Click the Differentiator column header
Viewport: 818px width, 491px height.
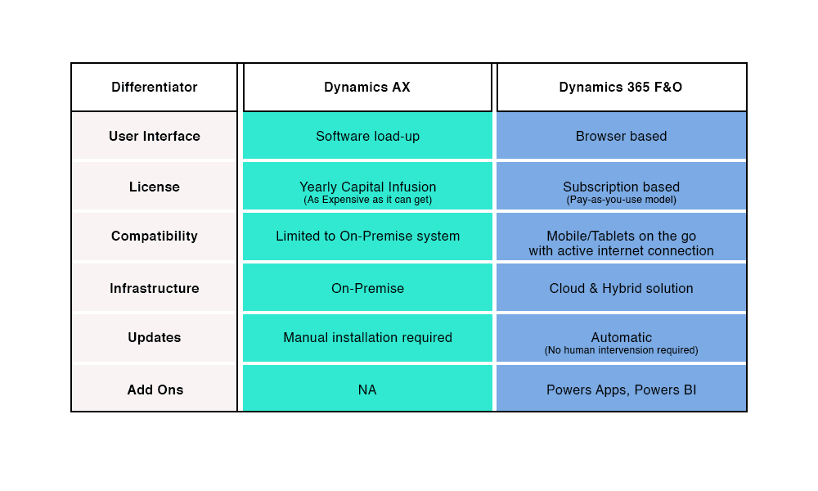tap(155, 88)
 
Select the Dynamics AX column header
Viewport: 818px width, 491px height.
tap(367, 88)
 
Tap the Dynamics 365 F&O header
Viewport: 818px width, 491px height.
tap(621, 88)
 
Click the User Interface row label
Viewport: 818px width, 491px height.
tap(155, 137)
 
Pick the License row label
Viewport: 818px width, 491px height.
tap(155, 187)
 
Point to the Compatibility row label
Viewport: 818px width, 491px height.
tap(155, 236)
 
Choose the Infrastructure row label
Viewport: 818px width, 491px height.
tap(155, 289)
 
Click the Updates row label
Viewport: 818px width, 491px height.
tap(155, 338)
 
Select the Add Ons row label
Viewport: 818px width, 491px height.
tap(155, 390)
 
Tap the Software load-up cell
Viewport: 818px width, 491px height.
tap(367, 137)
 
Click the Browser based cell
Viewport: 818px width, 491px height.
tap(621, 137)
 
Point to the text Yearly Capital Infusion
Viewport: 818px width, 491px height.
tap(367, 187)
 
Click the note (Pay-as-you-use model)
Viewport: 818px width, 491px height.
tap(621, 200)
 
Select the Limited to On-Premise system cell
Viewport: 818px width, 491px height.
tap(367, 236)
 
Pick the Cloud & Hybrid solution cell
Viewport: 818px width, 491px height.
tap(621, 289)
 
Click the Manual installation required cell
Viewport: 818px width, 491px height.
tap(367, 338)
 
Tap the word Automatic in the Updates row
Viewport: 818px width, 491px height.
tap(621, 338)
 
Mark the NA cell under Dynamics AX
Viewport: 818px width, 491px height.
tap(367, 390)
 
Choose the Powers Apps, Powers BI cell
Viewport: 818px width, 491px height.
tap(621, 390)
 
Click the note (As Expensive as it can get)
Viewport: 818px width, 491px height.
tap(367, 200)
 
